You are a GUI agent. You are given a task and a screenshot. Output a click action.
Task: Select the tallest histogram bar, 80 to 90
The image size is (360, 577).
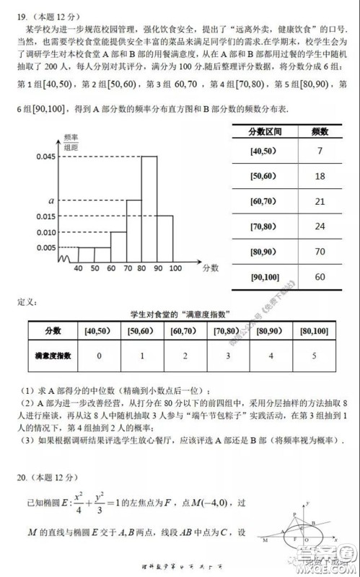pos(149,209)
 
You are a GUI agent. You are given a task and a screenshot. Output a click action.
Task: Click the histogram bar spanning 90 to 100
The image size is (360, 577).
pos(166,238)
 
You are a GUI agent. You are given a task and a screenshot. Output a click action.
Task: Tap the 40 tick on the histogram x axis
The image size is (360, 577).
pos(78,268)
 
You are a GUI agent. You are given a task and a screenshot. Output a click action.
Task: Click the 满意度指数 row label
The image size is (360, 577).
pos(53,356)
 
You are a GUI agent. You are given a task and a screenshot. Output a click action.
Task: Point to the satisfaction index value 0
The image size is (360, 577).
pos(98,356)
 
